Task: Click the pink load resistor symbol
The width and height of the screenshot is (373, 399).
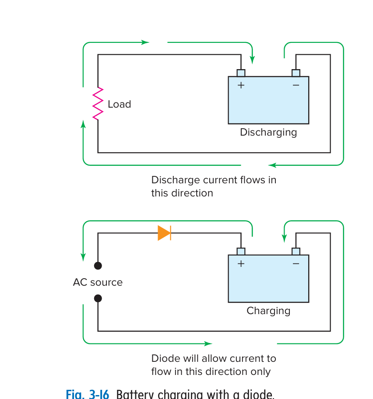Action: (98, 104)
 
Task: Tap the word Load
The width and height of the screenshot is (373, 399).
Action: (119, 104)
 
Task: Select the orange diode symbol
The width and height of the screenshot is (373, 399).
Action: (164, 233)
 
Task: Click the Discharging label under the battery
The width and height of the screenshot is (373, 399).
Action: (268, 132)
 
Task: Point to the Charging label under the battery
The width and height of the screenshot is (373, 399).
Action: (268, 311)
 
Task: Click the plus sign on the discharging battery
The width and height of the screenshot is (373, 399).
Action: (241, 85)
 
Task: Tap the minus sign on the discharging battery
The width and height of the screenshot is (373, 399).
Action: (296, 85)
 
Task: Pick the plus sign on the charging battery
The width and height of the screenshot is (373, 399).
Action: (241, 263)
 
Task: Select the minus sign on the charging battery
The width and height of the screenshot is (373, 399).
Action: (296, 263)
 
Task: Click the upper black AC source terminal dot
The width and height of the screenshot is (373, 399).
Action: (98, 266)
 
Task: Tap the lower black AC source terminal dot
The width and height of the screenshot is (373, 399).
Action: (98, 298)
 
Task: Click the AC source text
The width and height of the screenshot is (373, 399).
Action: (98, 282)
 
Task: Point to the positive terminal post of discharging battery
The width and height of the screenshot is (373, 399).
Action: (241, 73)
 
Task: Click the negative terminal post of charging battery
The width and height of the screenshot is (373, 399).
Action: (296, 251)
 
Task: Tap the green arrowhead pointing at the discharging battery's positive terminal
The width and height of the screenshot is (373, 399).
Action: (252, 60)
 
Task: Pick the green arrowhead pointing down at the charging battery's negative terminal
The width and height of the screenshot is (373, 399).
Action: (284, 238)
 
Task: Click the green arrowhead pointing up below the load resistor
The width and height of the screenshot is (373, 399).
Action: (83, 124)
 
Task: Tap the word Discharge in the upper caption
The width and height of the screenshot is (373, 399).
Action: (171, 180)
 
